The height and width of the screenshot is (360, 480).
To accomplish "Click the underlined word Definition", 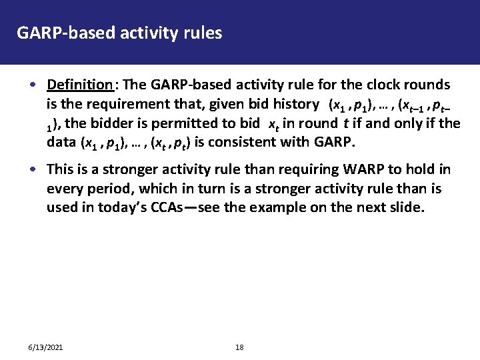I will point(80,85).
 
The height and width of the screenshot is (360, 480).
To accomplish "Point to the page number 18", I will point(239,348).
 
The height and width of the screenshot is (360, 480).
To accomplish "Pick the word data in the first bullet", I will point(61,143).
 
